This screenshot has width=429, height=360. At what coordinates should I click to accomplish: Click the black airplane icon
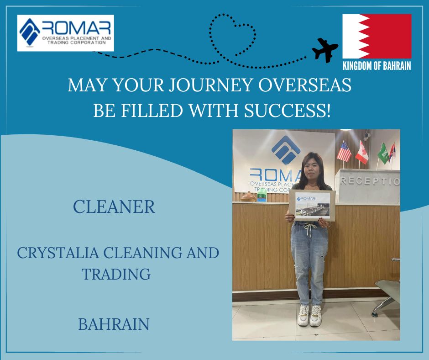point(325,50)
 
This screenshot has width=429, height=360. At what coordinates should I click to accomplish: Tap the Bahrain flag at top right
point(377,36)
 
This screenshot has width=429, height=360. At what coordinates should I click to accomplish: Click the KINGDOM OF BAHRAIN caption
point(377,66)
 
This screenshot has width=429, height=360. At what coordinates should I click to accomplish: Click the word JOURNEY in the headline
point(210,85)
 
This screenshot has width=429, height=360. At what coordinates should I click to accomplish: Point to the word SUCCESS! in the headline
point(287,111)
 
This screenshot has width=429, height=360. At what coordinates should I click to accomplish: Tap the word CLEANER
point(114,206)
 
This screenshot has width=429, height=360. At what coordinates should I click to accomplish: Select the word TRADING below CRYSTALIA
point(116,274)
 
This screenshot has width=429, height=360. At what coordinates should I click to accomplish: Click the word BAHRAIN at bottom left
point(114,324)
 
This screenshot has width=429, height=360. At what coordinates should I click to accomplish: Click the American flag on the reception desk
point(344,151)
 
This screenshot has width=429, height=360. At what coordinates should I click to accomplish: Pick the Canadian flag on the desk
point(362,153)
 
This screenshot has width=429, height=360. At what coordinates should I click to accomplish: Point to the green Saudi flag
point(383,154)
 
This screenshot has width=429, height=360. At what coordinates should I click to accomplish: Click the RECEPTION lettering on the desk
point(370,181)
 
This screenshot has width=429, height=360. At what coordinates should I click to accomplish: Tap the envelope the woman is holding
point(312,205)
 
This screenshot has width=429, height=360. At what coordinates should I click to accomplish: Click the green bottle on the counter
point(262,195)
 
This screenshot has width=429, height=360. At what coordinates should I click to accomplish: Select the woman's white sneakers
point(309,315)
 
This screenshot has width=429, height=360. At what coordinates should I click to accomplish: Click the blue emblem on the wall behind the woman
point(286,150)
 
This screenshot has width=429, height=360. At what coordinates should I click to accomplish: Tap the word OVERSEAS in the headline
point(305,85)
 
